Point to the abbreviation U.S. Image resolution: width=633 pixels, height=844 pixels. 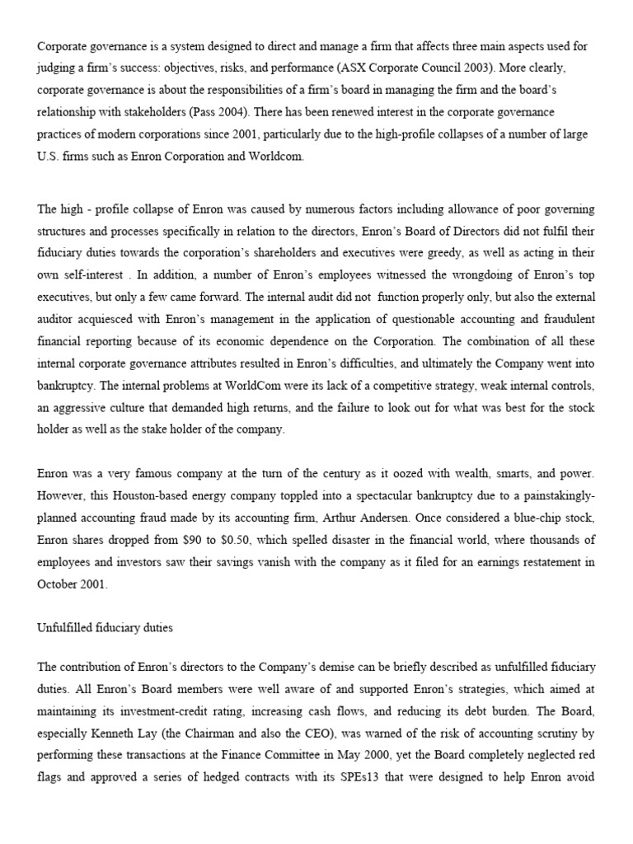[x=49, y=157]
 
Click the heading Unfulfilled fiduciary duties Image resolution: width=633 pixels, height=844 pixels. [x=105, y=627]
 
